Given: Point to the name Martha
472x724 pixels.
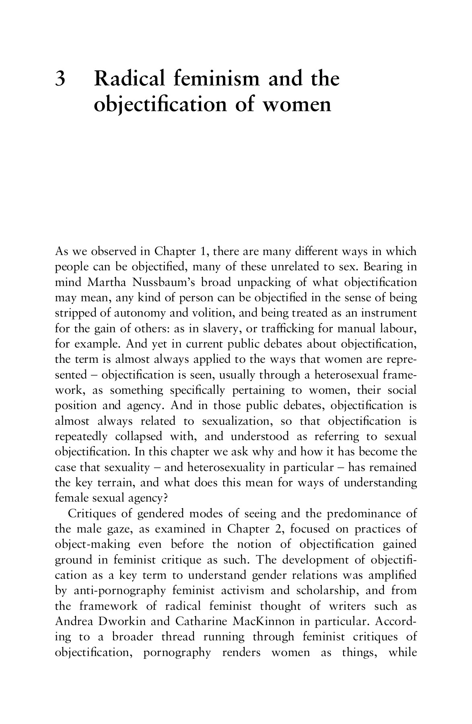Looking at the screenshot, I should (x=107, y=283).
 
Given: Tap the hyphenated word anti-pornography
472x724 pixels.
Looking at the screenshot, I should (x=120, y=591).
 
